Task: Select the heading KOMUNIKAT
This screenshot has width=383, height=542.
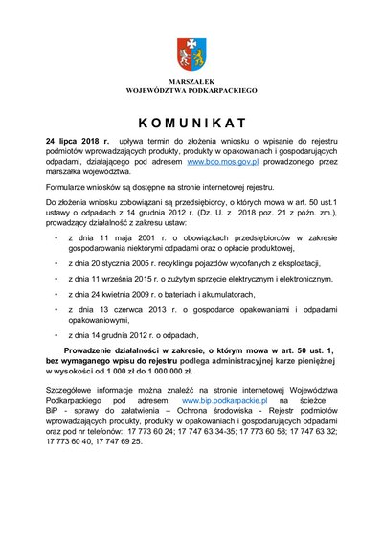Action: coord(191,122)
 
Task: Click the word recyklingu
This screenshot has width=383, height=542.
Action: coord(182,261)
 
